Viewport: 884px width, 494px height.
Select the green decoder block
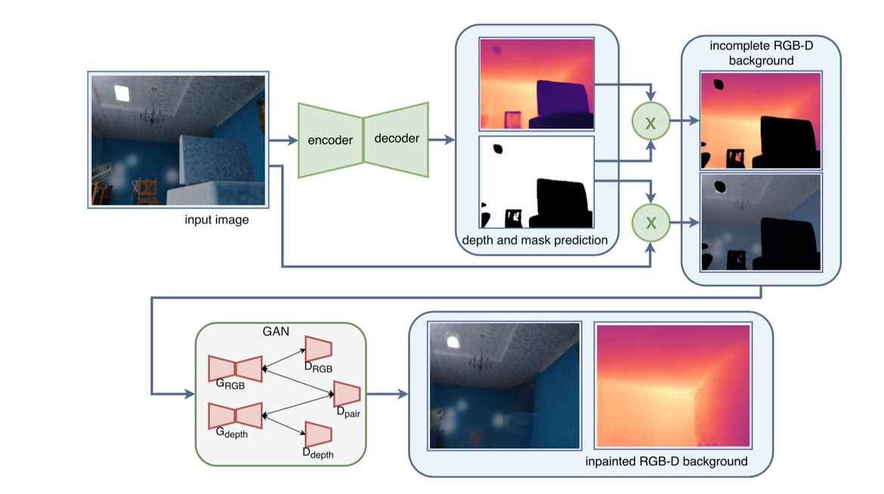coord(397,140)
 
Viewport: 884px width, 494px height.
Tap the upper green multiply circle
coord(651,120)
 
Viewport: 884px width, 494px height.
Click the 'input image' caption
coord(216,221)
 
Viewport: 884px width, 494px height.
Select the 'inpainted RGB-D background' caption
coord(666,461)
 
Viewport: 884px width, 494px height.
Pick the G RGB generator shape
coord(235,368)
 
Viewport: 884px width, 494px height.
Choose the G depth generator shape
coord(235,415)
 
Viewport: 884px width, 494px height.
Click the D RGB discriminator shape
coord(318,348)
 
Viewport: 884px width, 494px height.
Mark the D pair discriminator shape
coord(346,394)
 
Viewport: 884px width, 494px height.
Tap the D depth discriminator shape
coord(318,434)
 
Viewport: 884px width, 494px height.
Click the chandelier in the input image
coord(154,113)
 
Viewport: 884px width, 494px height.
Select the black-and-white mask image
coord(536,182)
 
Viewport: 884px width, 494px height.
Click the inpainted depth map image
coord(672,386)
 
